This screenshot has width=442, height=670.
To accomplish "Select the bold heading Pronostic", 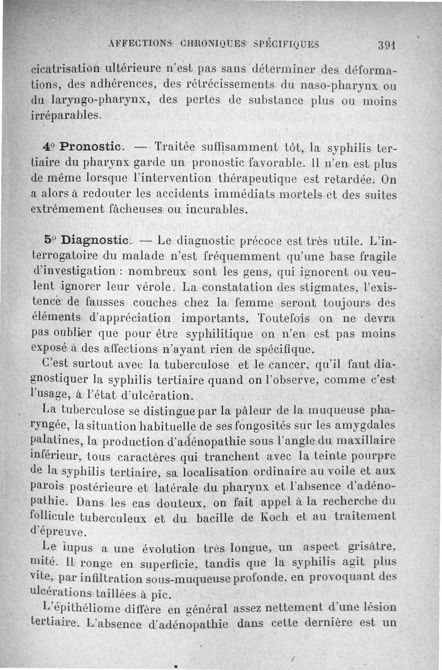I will (91, 148).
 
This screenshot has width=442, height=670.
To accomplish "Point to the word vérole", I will (156, 287).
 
